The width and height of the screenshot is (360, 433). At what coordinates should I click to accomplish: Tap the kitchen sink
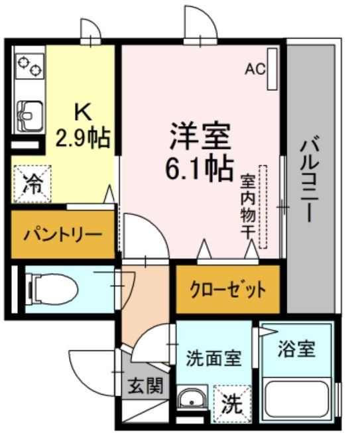(x=28, y=117)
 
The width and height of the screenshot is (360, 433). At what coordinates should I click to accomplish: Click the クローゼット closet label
(x=228, y=290)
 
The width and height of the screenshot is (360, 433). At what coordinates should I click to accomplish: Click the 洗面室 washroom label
(x=213, y=359)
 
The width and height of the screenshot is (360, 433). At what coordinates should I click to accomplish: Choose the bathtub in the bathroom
(x=298, y=401)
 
